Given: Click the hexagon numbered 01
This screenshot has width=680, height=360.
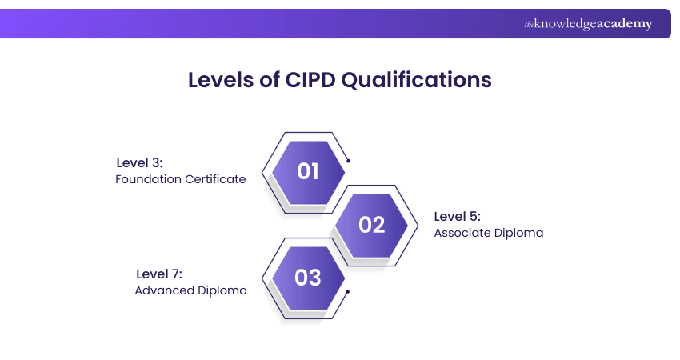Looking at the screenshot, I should tap(308, 171).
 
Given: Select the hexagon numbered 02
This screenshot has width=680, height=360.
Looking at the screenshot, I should tap(371, 225).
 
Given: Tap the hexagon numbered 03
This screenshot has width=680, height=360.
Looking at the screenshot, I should tap(308, 278).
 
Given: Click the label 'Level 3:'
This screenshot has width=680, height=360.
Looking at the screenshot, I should tap(139, 162).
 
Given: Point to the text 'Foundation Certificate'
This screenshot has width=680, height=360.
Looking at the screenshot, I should tap(180, 179).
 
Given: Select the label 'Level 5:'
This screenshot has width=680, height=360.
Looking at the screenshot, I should tap(457, 216).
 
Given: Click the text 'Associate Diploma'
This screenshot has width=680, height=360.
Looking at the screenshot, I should tap(489, 233).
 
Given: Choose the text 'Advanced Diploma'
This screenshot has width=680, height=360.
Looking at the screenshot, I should tap(190, 290).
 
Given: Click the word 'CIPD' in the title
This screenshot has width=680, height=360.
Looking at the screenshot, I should tap(312, 81).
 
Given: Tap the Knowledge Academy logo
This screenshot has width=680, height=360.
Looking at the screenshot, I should tap(588, 24).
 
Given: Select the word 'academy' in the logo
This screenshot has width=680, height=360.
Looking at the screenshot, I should tap(625, 24).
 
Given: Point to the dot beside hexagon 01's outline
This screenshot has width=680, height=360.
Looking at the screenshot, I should tap(348, 161).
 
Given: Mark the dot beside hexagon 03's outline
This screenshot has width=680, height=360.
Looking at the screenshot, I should tap(348, 290).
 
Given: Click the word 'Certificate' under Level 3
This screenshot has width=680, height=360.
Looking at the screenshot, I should tap(215, 179).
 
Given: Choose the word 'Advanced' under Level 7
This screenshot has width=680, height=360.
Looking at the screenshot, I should tap(163, 290).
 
